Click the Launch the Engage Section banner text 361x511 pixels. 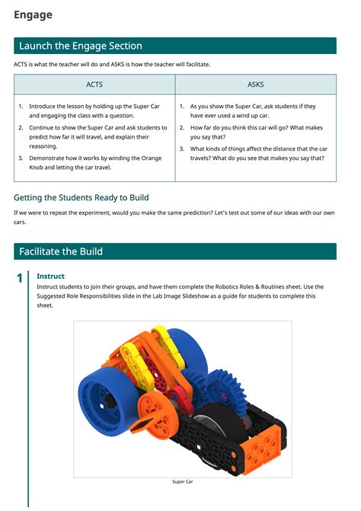tap(80, 46)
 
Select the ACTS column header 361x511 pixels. tap(94, 84)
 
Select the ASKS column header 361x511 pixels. tap(256, 84)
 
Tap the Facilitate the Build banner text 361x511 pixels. tap(60, 251)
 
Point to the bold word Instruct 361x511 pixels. tap(50, 276)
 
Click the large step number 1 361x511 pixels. tap(19, 279)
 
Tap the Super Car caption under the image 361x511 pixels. tap(182, 481)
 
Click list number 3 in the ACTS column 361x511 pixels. tap(21, 158)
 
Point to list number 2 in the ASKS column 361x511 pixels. tap(182, 128)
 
